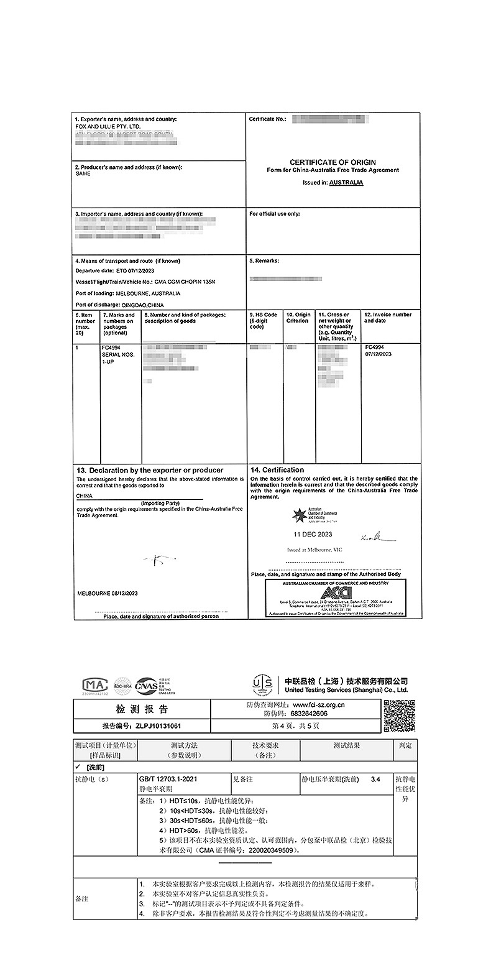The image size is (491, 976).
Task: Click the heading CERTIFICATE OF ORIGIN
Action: click(x=333, y=162)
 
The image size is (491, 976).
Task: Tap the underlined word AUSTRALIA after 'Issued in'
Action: click(x=346, y=183)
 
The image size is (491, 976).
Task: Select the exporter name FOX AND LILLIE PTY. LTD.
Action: click(x=104, y=126)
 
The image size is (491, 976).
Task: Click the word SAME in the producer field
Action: click(x=83, y=174)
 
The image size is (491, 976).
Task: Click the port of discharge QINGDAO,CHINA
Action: click(x=142, y=305)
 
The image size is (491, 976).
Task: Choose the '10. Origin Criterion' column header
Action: click(x=298, y=318)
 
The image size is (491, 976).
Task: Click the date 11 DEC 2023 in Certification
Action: click(x=313, y=534)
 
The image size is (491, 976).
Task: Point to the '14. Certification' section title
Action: click(x=277, y=470)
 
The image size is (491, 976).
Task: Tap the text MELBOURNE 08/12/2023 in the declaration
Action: click(x=108, y=594)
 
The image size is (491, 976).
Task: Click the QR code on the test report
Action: click(x=399, y=716)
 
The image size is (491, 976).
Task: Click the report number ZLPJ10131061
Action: click(x=156, y=725)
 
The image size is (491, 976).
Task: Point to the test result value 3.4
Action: click(x=374, y=779)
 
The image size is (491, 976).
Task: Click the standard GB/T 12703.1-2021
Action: click(x=167, y=779)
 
